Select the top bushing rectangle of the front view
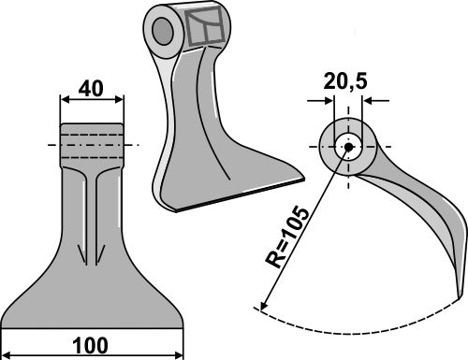(92, 141)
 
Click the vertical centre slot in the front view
(92, 215)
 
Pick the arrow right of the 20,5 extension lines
(366, 100)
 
